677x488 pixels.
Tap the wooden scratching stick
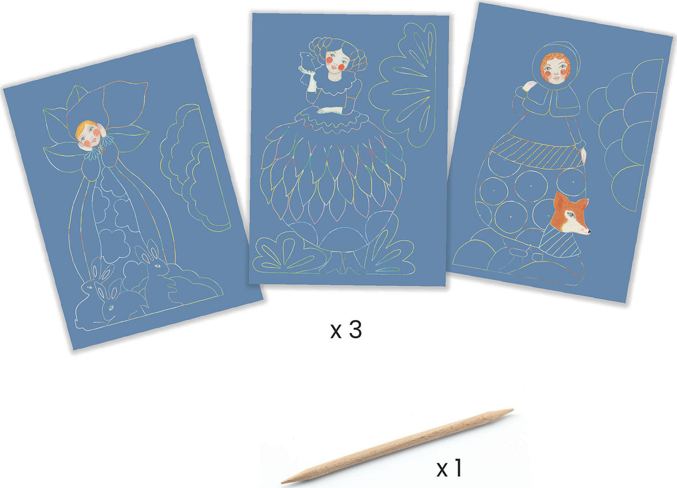[397, 446]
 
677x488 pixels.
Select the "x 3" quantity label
[346, 330]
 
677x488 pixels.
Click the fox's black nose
[589, 232]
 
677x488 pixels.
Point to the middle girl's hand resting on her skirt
[328, 111]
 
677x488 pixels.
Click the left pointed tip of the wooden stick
[282, 481]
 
